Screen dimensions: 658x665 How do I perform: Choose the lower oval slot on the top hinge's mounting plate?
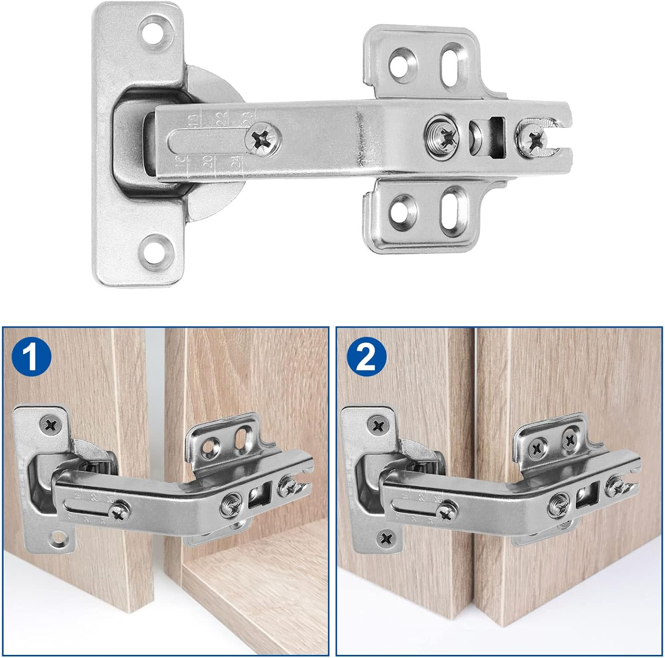pyautogui.click(x=450, y=207)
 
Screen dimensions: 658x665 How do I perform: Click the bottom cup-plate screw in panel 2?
pyautogui.click(x=385, y=539)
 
